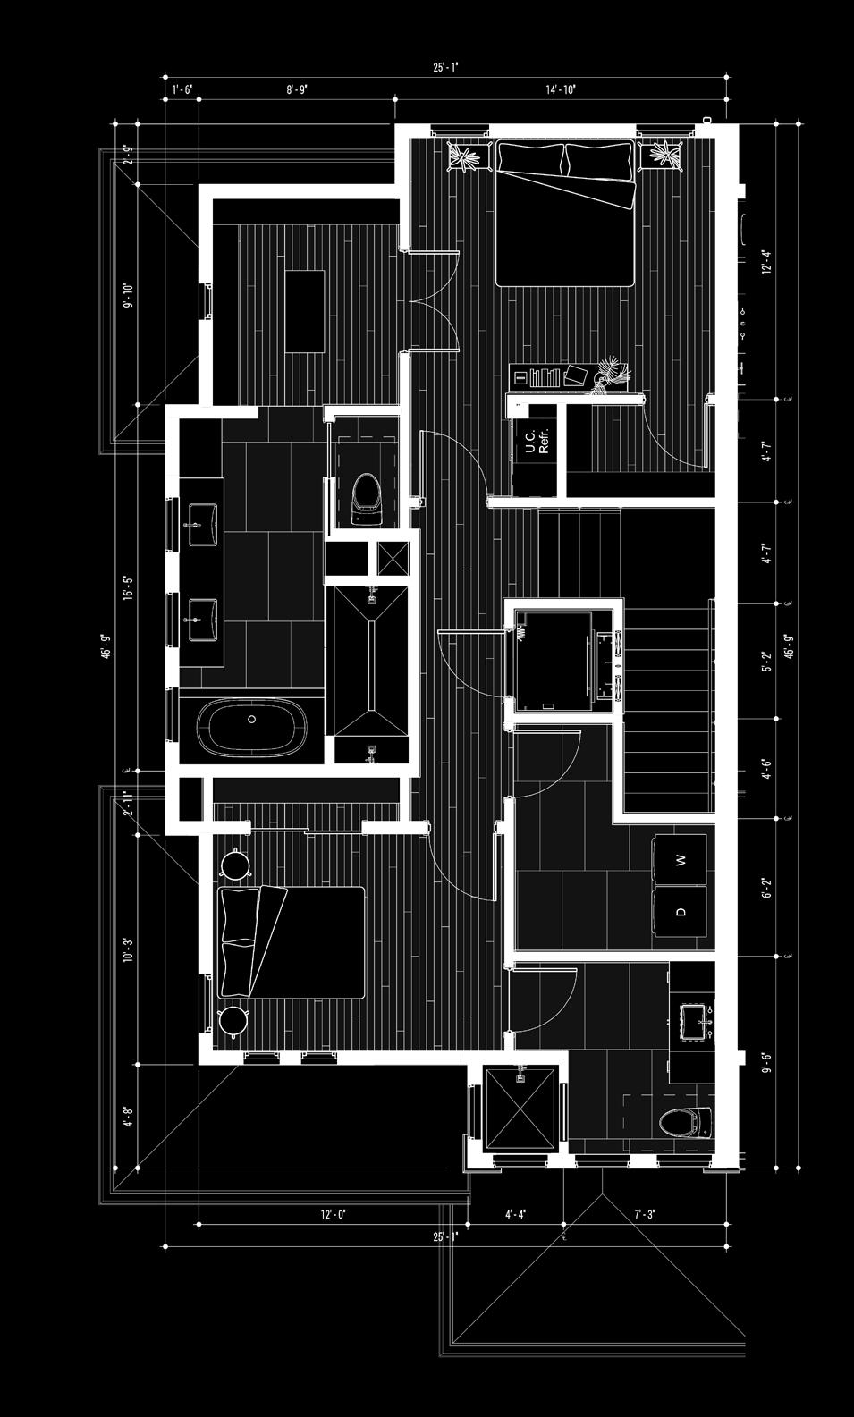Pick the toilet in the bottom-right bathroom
(x=685, y=1123)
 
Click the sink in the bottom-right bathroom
(x=697, y=1021)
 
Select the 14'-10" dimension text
(x=561, y=89)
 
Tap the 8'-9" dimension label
(x=297, y=89)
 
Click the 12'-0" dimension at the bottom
(x=333, y=1214)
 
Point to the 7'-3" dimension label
(x=645, y=1214)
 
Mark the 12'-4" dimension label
(x=765, y=261)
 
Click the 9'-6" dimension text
(x=765, y=1062)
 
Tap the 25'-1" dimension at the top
(x=444, y=67)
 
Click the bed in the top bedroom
(x=565, y=215)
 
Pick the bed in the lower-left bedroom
(x=292, y=943)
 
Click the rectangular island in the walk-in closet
(x=305, y=310)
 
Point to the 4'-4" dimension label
(x=515, y=1214)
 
